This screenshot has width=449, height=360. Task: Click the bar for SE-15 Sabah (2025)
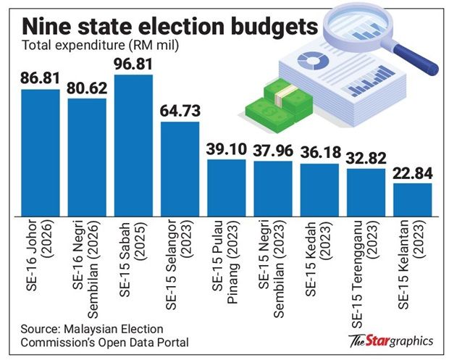[x=133, y=146]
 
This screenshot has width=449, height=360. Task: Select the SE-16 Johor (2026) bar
[x=41, y=153]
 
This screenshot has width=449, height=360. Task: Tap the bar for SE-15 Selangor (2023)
[x=180, y=169]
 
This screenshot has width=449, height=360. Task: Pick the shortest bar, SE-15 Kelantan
[x=413, y=200]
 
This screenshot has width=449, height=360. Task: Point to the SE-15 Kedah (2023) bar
[x=319, y=191]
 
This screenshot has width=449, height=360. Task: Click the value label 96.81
[x=133, y=64]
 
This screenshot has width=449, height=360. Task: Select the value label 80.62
[x=87, y=88]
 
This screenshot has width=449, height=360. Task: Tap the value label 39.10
[x=227, y=149]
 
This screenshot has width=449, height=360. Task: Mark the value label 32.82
[x=366, y=159]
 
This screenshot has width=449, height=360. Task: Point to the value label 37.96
[x=273, y=151]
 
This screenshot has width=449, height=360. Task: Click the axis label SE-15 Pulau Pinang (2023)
[x=226, y=261]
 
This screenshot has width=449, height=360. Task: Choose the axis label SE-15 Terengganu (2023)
[x=366, y=274]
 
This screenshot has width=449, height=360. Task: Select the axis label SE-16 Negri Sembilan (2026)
[x=86, y=269]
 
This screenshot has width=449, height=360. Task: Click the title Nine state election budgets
[x=169, y=27]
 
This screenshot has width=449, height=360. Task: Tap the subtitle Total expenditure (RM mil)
[x=101, y=45]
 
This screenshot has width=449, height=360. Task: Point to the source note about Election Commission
[x=105, y=335]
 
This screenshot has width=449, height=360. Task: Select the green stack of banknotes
[x=279, y=106]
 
